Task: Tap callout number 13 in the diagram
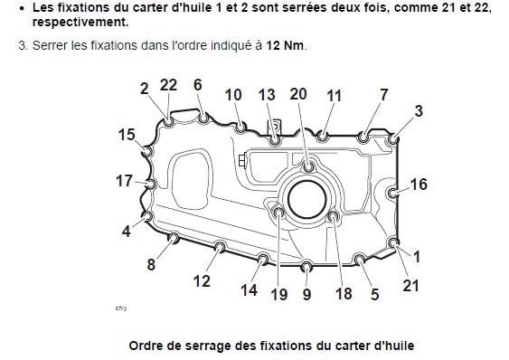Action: (267, 95)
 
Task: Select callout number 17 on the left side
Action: (124, 181)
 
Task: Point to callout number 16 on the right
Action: (419, 185)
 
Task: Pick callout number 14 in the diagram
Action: (249, 290)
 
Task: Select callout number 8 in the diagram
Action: (151, 265)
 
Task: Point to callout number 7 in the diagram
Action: (383, 94)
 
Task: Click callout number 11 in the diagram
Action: (334, 95)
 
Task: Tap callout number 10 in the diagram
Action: (233, 95)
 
